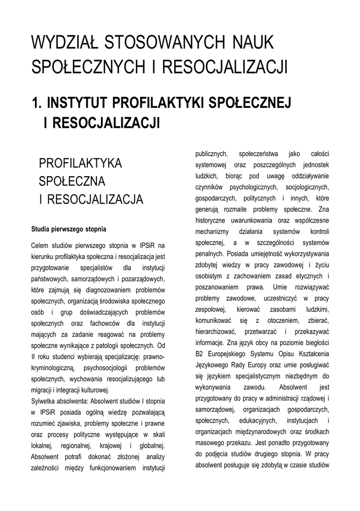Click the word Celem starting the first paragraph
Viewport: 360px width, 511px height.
[x=41, y=246]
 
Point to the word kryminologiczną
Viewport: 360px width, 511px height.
[x=53, y=368]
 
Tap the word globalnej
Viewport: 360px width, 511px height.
[x=150, y=445]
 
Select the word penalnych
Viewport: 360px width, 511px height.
[x=207, y=254]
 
